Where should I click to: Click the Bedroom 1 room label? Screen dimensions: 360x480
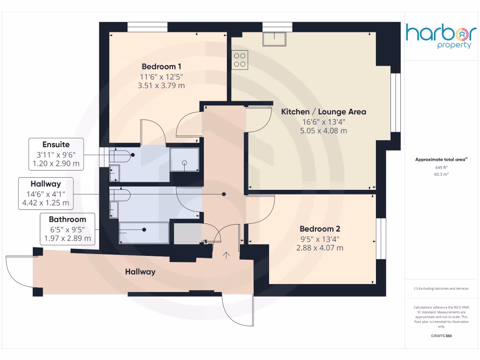161,66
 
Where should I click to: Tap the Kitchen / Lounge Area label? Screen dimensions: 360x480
323,112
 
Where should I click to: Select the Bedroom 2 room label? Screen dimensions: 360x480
320,229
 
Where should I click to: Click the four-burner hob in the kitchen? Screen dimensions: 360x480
240,60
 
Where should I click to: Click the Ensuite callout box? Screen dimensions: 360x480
56,154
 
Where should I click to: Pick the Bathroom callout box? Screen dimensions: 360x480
68,229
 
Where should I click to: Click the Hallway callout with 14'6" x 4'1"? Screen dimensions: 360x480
45,193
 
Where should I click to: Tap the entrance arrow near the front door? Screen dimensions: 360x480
227,255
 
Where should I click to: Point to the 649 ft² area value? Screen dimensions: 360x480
441,167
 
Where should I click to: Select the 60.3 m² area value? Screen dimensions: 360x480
441,174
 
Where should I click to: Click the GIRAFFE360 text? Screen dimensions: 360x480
441,336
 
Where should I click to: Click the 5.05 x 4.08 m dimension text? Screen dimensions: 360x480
323,131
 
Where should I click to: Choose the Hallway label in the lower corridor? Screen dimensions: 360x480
140,271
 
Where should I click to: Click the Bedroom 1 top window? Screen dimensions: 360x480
147,28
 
